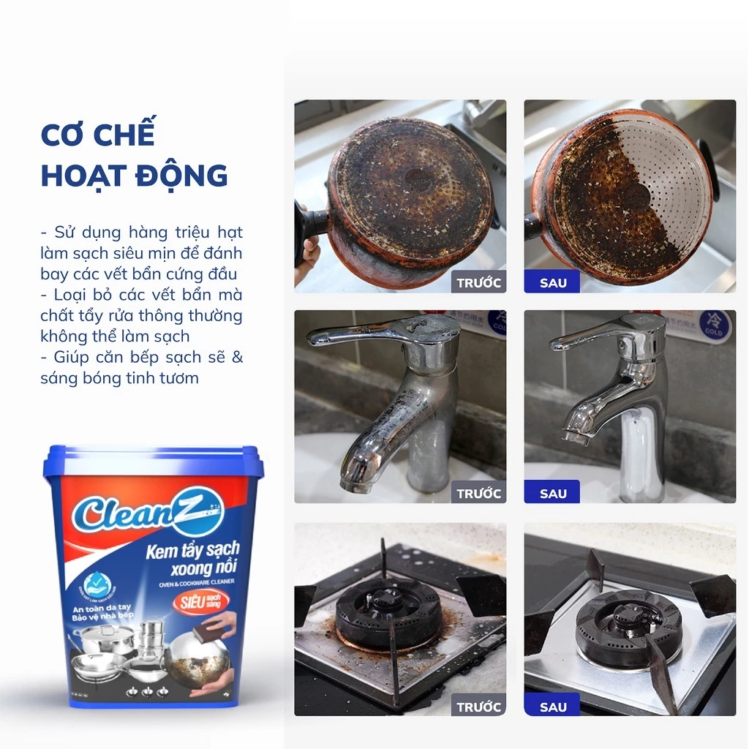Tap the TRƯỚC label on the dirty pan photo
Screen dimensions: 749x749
pos(478,282)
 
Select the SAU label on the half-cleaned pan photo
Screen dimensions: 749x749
pos(552,282)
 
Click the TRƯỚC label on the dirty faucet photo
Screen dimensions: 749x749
pos(478,493)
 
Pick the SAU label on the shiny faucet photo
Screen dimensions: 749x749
pos(552,493)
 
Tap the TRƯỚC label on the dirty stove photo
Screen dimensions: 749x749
pos(478,707)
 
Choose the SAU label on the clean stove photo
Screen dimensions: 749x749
pos(552,707)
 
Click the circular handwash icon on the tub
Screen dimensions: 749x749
pos(97,584)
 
